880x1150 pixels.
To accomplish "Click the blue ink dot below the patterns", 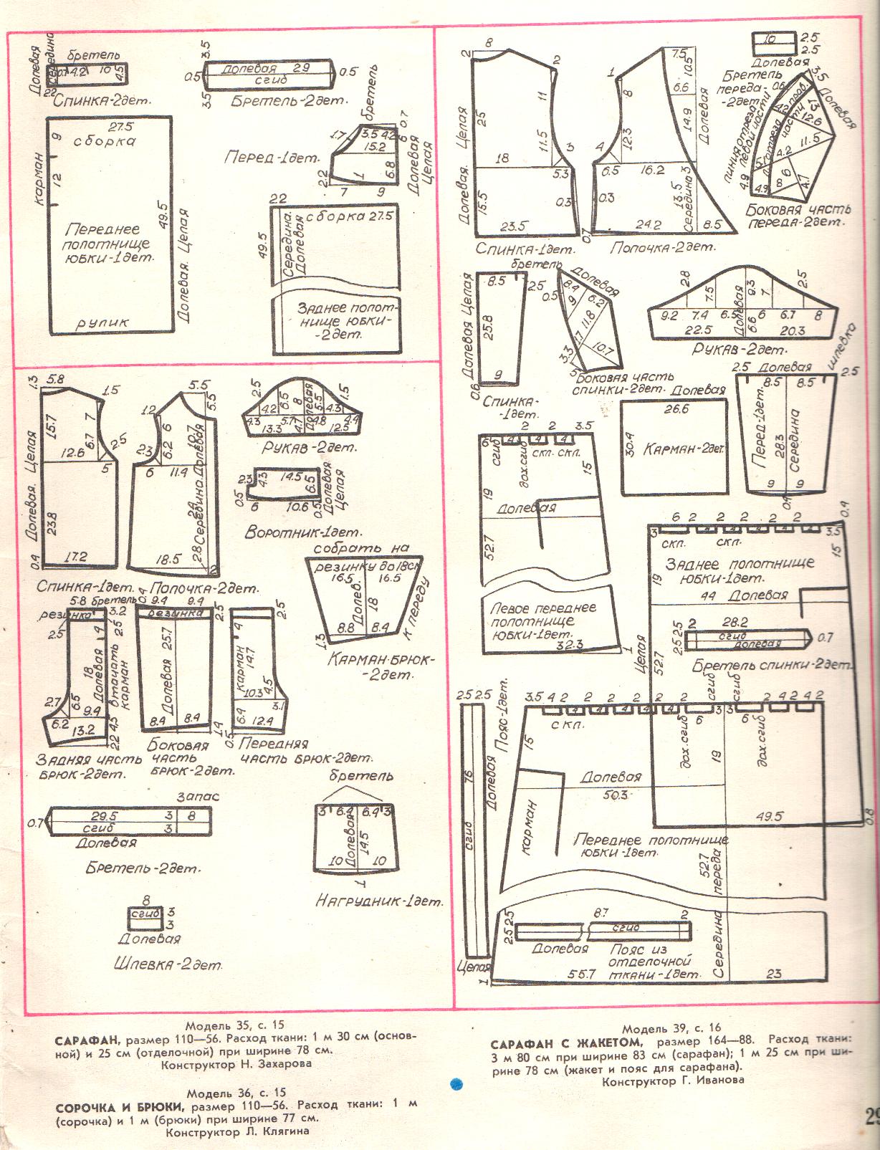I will point(455,1084).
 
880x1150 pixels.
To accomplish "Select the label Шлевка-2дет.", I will point(167,964).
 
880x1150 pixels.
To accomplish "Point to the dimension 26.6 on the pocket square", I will point(675,410).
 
